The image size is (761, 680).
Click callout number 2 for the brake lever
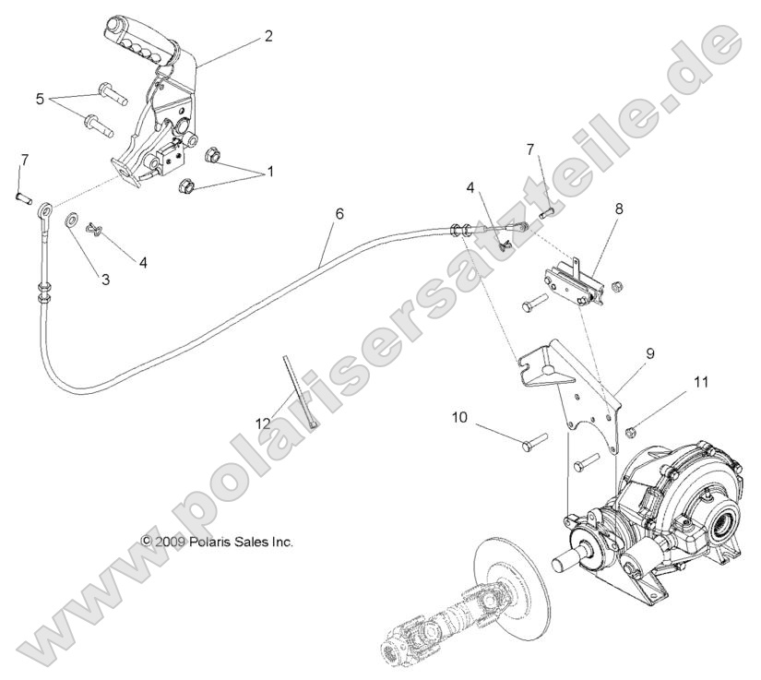268,36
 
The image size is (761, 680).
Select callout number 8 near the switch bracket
619,209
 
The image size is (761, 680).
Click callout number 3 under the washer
106,278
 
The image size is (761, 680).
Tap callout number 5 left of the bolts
40,97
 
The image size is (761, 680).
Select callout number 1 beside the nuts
245,171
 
